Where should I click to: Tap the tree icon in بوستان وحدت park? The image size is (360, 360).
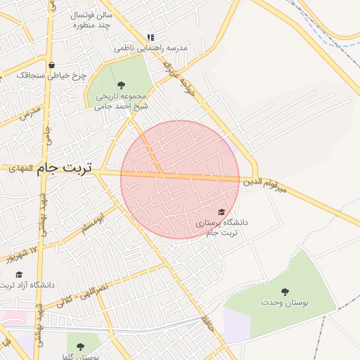(x=285, y=291)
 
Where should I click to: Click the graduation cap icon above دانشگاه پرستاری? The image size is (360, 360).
(x=221, y=212)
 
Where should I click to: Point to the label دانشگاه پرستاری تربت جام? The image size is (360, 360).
(x=222, y=227)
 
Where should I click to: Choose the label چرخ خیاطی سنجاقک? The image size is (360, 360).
(x=61, y=75)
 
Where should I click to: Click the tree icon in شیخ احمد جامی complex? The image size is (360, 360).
(x=121, y=85)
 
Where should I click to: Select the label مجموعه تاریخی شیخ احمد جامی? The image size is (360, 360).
(x=120, y=101)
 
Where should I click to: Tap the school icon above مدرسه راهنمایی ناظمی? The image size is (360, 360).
(x=150, y=37)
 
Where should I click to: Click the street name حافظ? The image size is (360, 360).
(x=207, y=323)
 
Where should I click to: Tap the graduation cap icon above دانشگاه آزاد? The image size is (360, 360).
(x=19, y=274)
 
